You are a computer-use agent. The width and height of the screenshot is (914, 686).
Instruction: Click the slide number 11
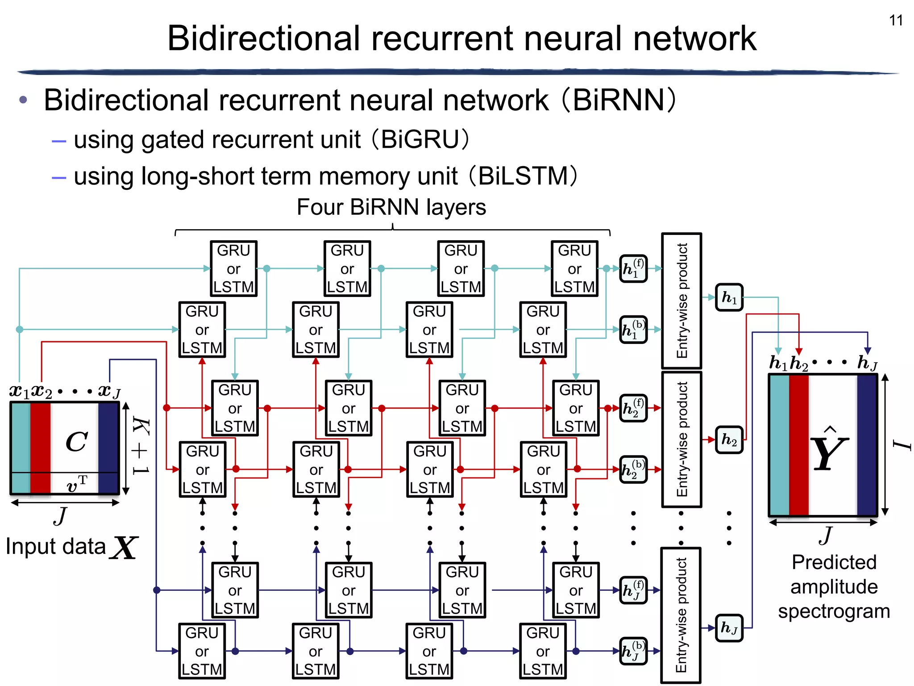pyautogui.click(x=896, y=21)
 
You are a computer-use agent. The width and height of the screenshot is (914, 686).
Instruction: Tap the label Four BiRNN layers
pyautogui.click(x=391, y=207)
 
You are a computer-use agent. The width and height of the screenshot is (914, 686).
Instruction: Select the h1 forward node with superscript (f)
pyautogui.click(x=633, y=269)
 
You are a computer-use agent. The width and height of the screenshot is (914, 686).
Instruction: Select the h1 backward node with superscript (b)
pyautogui.click(x=633, y=330)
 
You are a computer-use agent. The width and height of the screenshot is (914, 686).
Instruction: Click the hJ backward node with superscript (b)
pyautogui.click(x=633, y=651)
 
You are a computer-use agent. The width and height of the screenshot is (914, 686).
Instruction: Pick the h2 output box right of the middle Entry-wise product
pyautogui.click(x=729, y=440)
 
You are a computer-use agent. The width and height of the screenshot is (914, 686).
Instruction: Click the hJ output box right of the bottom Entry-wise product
pyautogui.click(x=729, y=628)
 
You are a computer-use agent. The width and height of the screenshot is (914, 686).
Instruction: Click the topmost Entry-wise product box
pyautogui.click(x=681, y=301)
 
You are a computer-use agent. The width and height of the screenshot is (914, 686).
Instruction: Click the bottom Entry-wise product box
pyautogui.click(x=681, y=615)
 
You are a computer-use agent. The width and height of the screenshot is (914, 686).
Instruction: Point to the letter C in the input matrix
pyautogui.click(x=76, y=442)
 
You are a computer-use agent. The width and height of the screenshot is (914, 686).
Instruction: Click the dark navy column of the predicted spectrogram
pyautogui.click(x=866, y=445)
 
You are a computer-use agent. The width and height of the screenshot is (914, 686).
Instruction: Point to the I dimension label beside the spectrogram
pyautogui.click(x=902, y=445)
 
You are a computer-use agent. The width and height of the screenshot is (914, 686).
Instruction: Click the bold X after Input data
pyautogui.click(x=125, y=548)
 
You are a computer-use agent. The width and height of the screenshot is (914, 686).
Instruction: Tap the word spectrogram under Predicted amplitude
pyautogui.click(x=834, y=611)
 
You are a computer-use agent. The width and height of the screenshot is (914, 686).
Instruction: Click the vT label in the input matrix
pyautogui.click(x=77, y=484)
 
